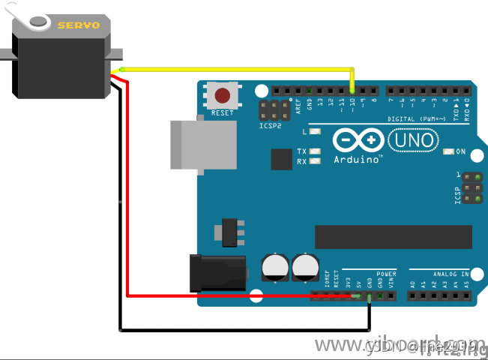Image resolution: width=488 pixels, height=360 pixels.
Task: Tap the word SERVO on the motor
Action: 79,25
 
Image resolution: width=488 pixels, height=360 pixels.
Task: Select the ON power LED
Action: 448,151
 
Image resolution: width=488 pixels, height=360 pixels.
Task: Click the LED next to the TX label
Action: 315,151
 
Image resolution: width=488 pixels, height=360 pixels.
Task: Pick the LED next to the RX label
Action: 315,161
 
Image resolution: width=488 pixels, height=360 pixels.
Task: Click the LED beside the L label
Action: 315,132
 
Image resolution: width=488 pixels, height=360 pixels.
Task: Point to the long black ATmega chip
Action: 394,236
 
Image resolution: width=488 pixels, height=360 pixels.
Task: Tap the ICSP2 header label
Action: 271,127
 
